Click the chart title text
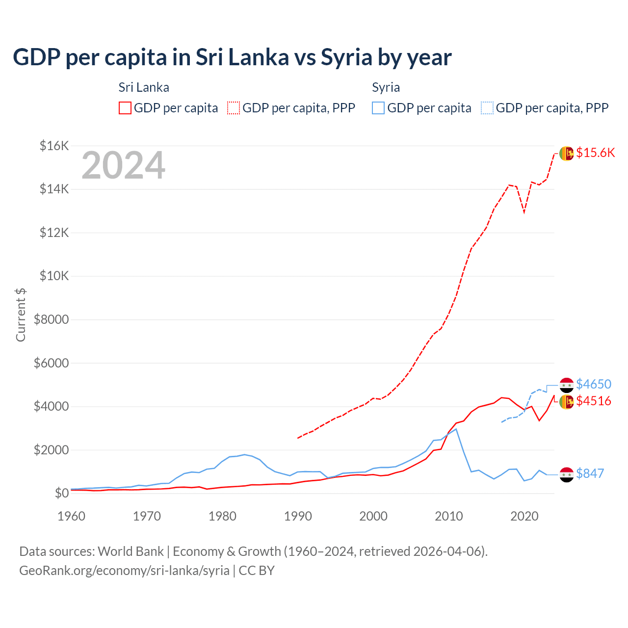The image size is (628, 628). point(232,57)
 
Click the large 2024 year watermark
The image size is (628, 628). point(123,166)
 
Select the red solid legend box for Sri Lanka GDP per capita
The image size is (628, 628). point(125,108)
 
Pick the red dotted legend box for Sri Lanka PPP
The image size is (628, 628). point(234,108)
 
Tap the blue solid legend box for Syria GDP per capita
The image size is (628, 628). point(378,108)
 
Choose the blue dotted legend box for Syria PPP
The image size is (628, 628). point(487,108)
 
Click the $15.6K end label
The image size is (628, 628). point(595,153)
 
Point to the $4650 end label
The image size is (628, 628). point(594,384)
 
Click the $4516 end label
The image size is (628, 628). point(594,401)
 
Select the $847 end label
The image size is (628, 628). point(590,474)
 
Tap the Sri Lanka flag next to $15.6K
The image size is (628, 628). point(567,154)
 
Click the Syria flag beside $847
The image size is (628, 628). point(567,474)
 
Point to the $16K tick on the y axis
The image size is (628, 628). point(54,146)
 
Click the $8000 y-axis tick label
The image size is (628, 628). point(51,320)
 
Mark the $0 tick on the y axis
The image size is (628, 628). point(61,493)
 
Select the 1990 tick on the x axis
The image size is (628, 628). point(298,516)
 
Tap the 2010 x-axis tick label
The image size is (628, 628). point(449,516)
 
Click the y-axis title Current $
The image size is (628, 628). point(21,314)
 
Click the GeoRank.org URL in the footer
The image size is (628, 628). point(124,571)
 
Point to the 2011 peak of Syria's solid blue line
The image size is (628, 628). point(456,429)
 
